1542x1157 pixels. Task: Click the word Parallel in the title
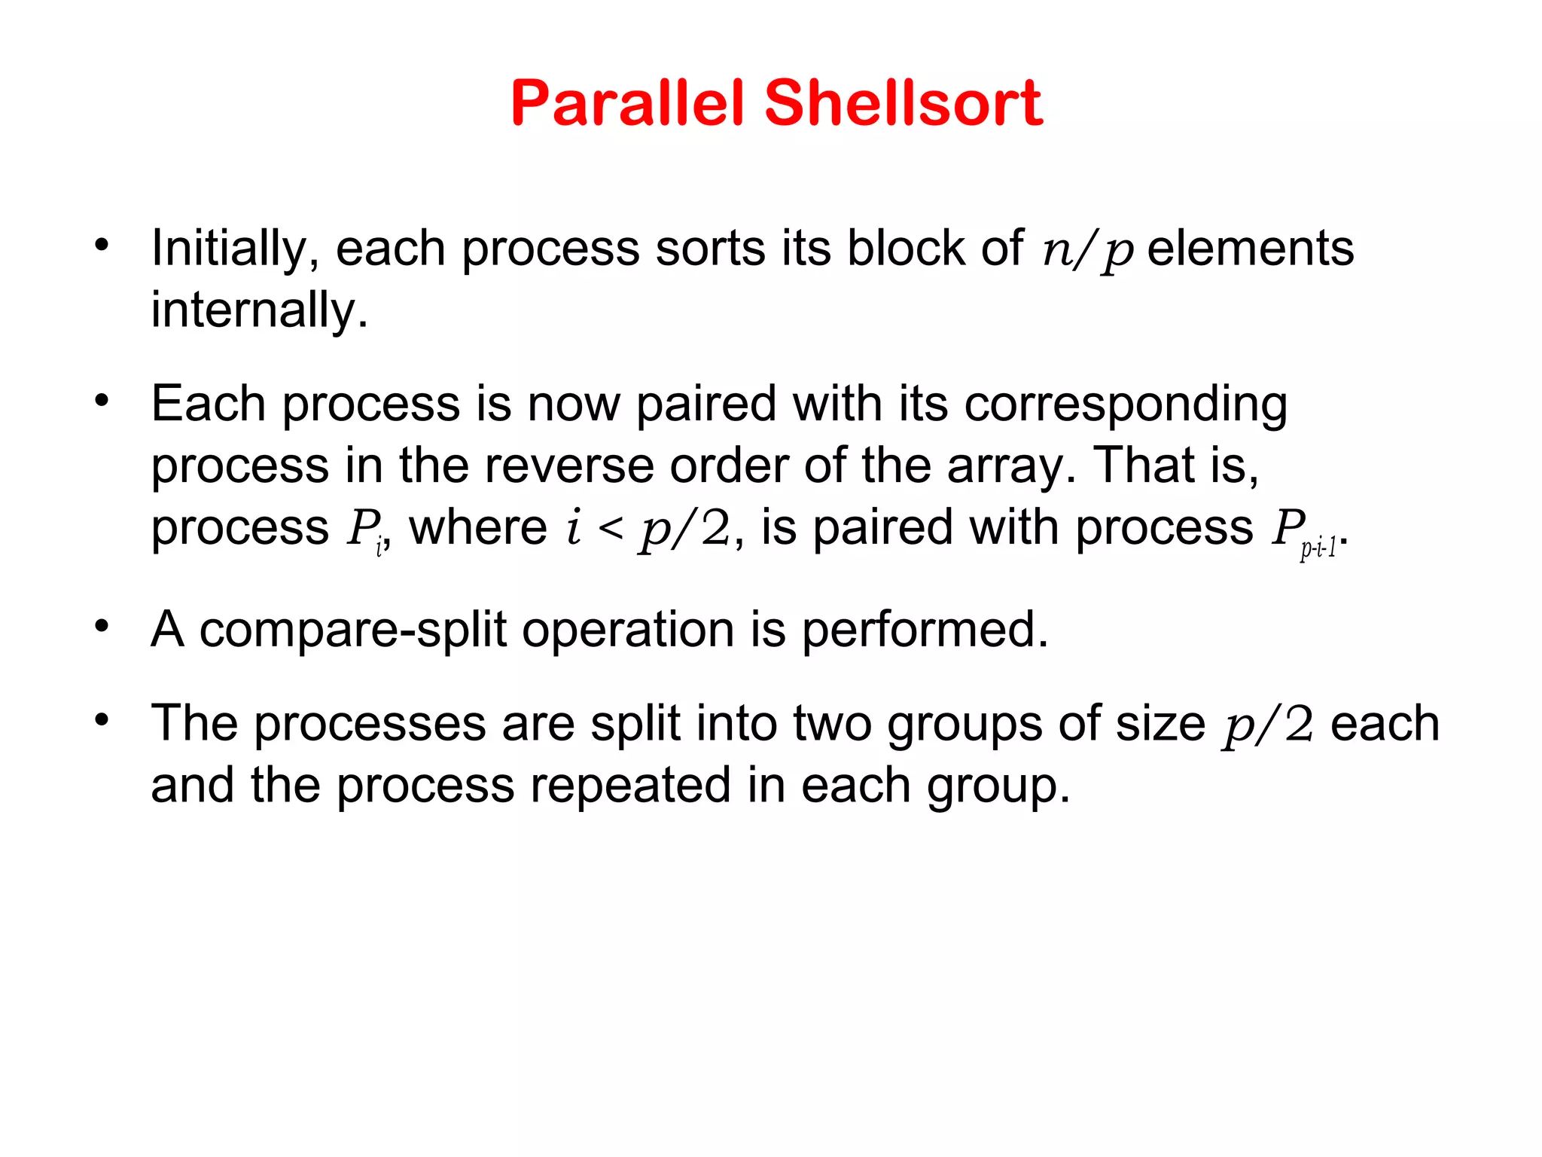[x=628, y=103]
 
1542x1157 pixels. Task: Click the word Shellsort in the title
[x=904, y=103]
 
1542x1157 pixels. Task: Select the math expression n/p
[x=1087, y=251]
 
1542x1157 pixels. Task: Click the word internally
[x=259, y=310]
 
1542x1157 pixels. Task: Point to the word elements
[x=1251, y=249]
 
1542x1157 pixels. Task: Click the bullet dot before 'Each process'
[x=102, y=400]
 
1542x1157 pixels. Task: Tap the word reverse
[x=569, y=466]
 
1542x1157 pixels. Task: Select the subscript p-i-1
[x=1318, y=548]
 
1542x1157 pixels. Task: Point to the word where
[x=478, y=527]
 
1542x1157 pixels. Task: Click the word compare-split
[x=352, y=630]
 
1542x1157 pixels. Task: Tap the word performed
[x=925, y=630]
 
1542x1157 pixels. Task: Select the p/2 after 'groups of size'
[x=1269, y=725]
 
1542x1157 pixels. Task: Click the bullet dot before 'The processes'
[x=102, y=719]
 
